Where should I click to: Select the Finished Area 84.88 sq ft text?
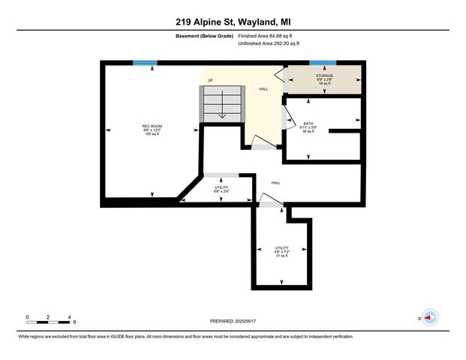point(268,35)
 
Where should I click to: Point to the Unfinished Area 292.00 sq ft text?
point(269,44)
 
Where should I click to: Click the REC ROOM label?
point(152,125)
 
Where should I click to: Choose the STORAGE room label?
point(324,76)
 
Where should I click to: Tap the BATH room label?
point(308,123)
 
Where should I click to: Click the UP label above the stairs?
point(211,79)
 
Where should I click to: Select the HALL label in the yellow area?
point(263,88)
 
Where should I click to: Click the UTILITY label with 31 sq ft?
point(281,247)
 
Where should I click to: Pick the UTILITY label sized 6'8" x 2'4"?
point(221,187)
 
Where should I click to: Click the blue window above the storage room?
point(323,63)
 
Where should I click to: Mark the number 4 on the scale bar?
point(69,317)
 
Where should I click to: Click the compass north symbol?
point(428,318)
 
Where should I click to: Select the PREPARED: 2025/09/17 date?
point(233,321)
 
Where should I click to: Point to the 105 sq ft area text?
point(152,134)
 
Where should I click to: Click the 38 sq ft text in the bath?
point(308,132)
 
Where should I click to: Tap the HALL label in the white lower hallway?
point(275,182)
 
